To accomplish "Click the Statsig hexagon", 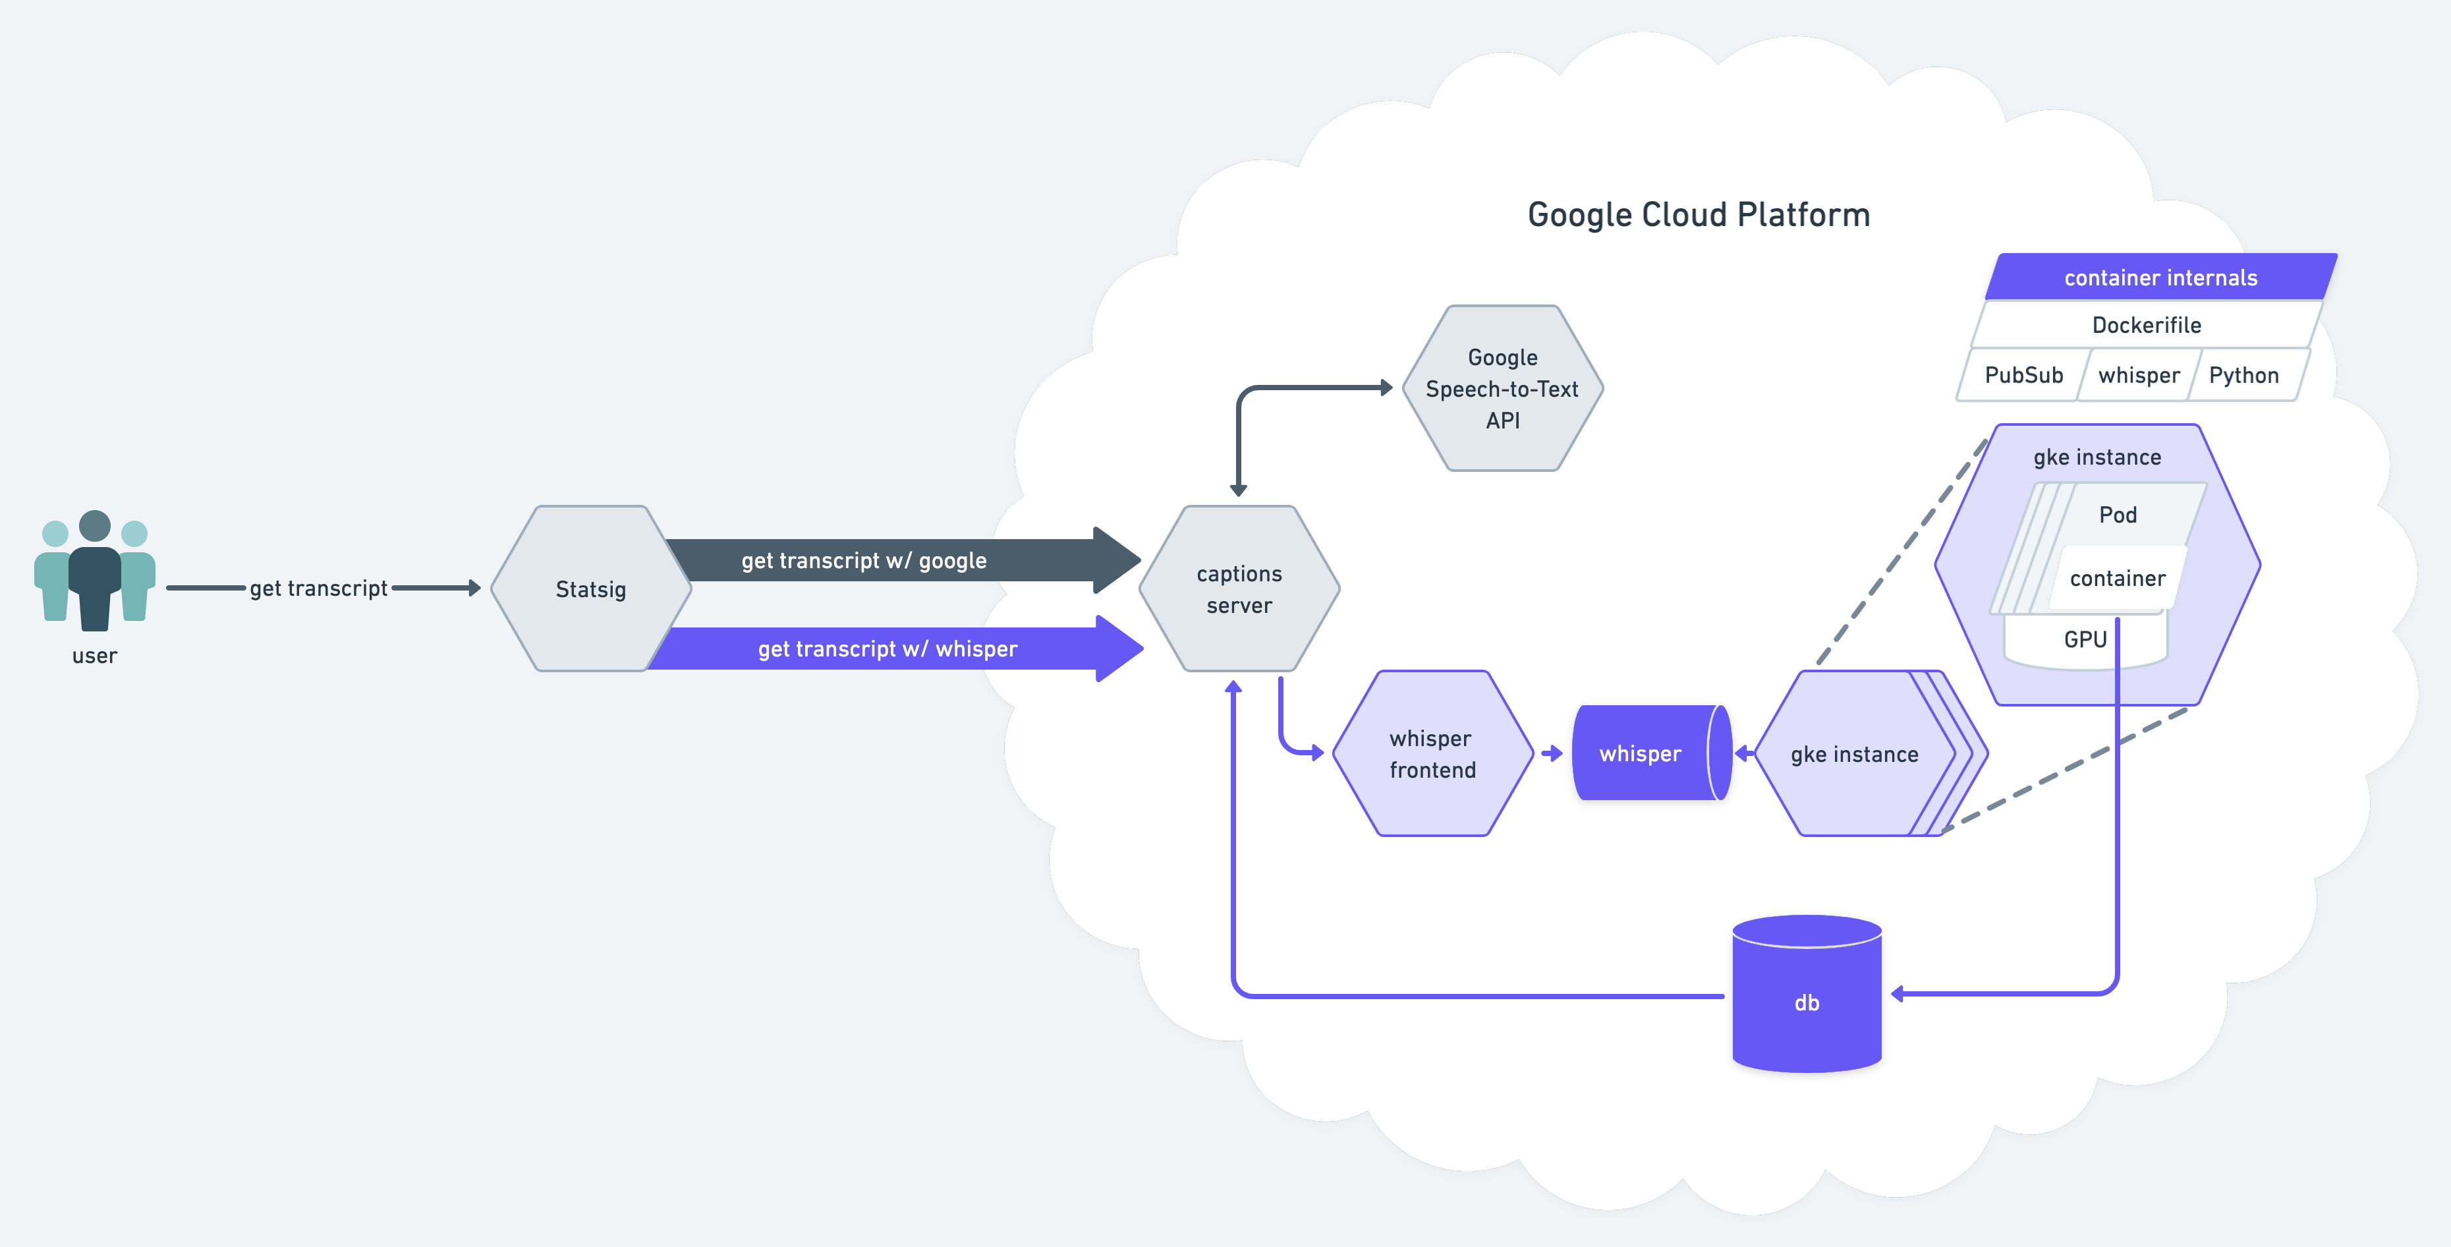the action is pos(591,589).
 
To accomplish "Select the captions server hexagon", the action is pos(1239,589).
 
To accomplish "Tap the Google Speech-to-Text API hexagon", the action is pos(1502,388).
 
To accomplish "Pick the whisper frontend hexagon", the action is pos(1432,753).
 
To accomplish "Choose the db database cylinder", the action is pos(1807,994).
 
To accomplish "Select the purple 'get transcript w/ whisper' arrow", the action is pos(894,649).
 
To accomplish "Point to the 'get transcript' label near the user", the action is pos(319,589).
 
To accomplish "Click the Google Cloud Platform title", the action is pos(1699,215).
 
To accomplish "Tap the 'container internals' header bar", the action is pos(2161,277).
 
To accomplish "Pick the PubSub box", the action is pos(2024,375).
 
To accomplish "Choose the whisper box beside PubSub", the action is pos(2139,375).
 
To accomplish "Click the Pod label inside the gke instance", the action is pos(2118,515).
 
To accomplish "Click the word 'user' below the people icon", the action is pos(94,656).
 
